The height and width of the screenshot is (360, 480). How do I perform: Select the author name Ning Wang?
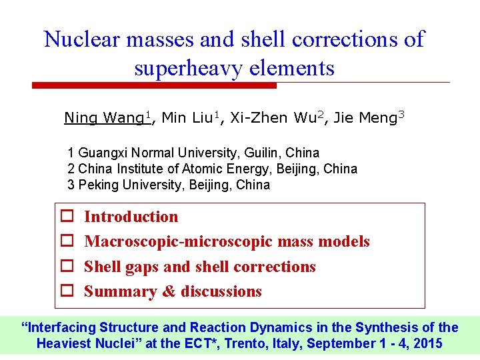[x=104, y=118]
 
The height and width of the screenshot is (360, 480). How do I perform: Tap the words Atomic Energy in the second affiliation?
[x=245, y=169]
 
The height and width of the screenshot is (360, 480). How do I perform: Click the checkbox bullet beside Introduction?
[x=67, y=217]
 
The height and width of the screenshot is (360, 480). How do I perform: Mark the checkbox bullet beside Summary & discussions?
[x=67, y=291]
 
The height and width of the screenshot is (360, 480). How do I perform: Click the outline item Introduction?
[x=131, y=217]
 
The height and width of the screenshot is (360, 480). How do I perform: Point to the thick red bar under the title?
[x=154, y=85]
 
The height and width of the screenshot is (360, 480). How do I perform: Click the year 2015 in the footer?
[x=427, y=343]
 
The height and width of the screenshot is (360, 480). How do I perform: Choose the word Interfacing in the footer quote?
[x=61, y=327]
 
